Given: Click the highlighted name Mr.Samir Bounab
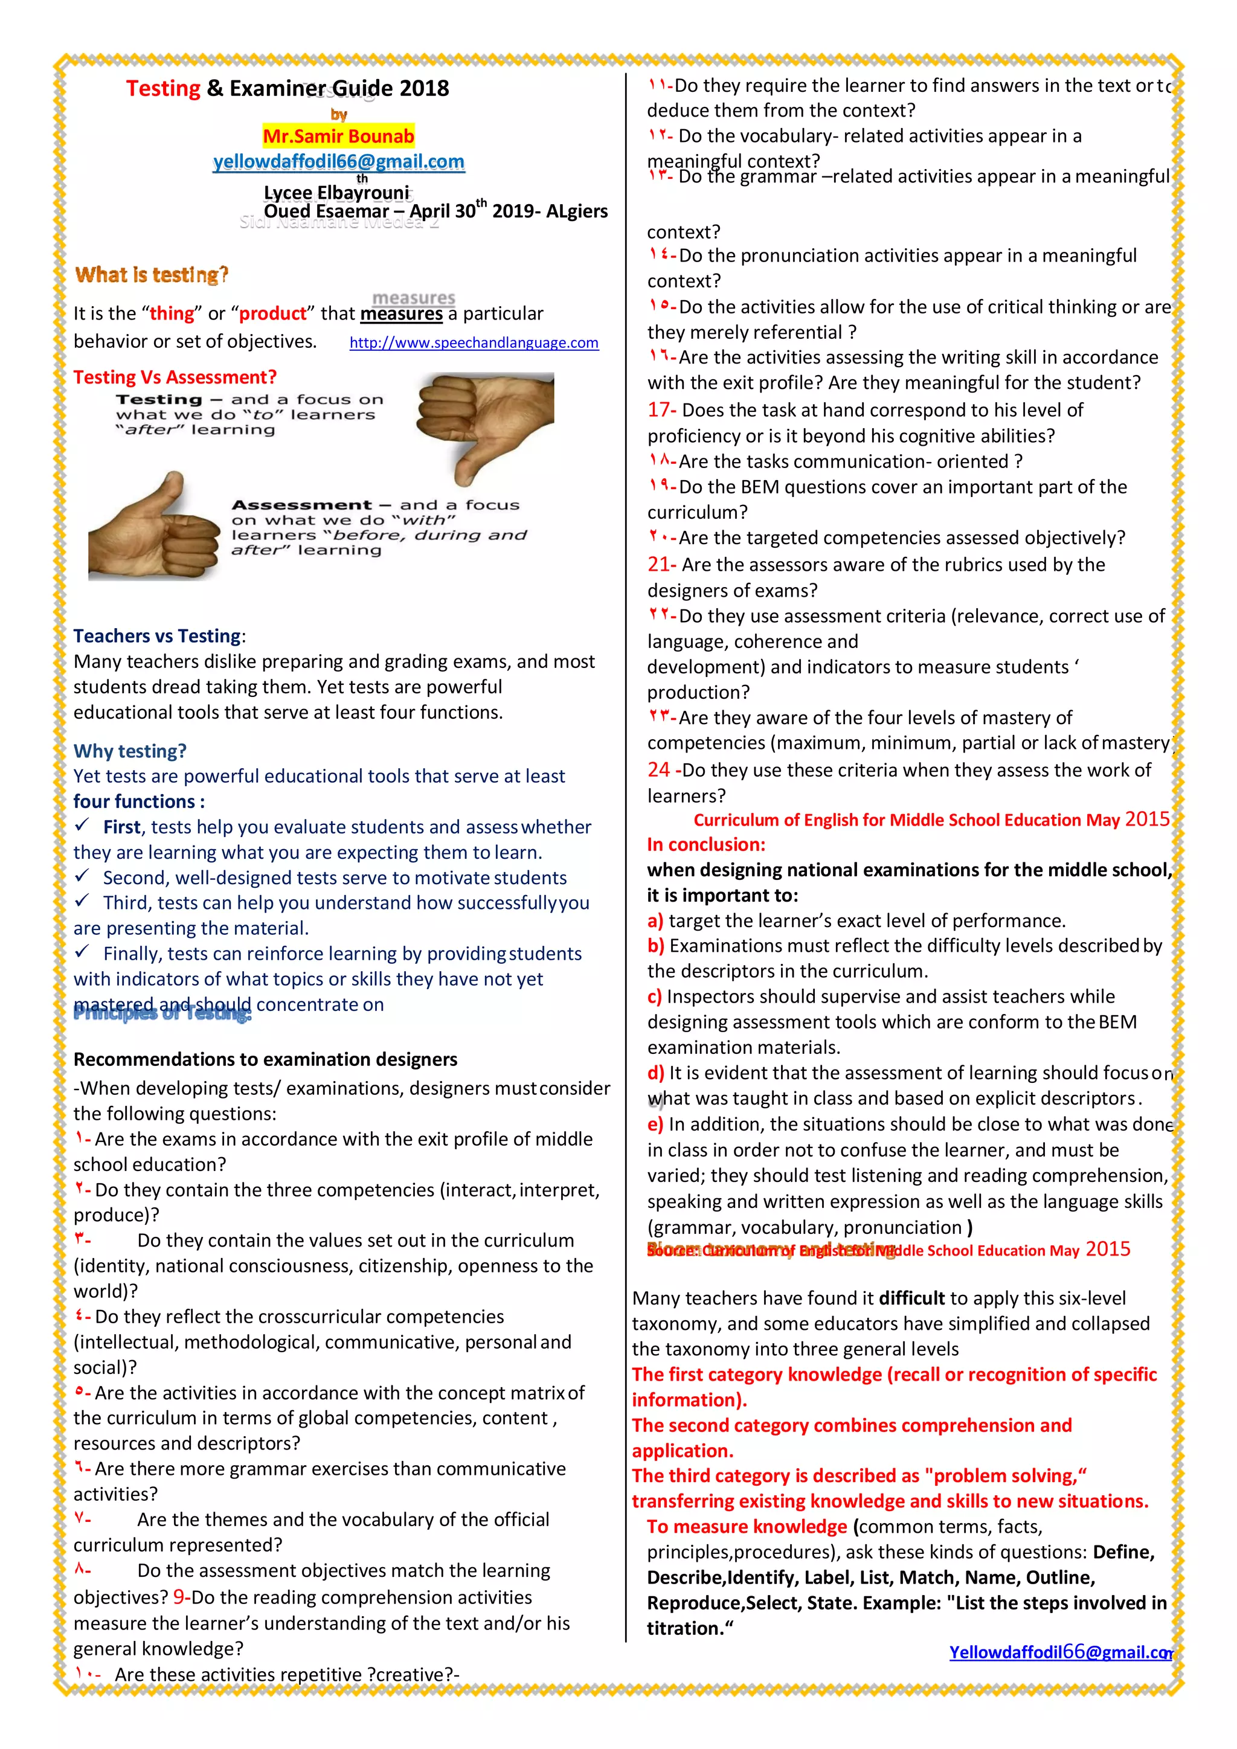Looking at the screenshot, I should coord(338,136).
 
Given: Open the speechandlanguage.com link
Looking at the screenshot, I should coord(474,343).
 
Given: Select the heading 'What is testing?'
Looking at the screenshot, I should coord(152,274).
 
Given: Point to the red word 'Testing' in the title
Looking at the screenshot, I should coord(163,88).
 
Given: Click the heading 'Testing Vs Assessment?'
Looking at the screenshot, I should coord(175,377).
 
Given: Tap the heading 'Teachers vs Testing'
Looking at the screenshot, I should coord(158,636).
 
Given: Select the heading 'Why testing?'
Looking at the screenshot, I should coord(129,751).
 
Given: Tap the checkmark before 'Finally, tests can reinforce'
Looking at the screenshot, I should coord(82,952).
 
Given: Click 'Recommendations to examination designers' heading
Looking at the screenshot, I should coord(265,1060).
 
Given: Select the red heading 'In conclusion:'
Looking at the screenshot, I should coord(706,844).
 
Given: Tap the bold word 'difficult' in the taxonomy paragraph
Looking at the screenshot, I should coord(911,1298).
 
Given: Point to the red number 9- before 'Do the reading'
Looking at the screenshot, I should coord(181,1597).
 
